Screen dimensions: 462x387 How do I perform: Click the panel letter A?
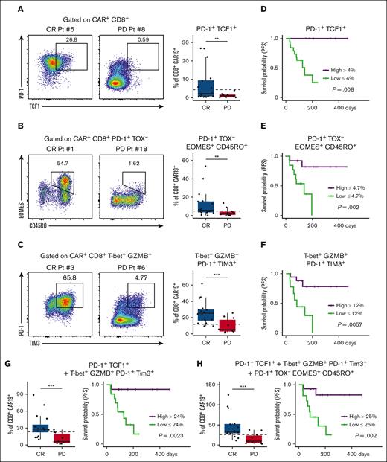(x=7, y=7)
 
